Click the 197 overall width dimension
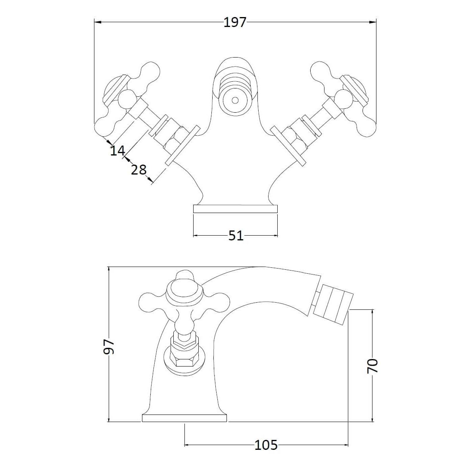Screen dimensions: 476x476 tap(235, 23)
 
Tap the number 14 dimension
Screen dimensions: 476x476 tap(117, 150)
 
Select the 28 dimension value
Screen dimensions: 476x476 tap(138, 170)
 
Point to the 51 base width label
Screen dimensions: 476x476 tap(236, 236)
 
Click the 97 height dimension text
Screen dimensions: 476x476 tap(109, 347)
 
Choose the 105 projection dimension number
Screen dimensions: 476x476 tap(266, 445)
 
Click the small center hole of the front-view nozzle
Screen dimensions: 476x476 tap(235, 100)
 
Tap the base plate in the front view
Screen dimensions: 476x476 tap(235, 209)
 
